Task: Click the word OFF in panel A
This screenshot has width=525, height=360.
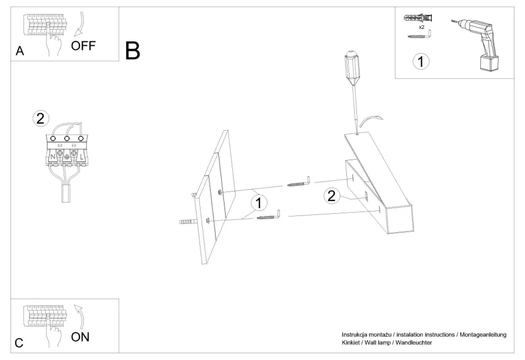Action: [x=83, y=45]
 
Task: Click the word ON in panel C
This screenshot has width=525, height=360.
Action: [x=80, y=337]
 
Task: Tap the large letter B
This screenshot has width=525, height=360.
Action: [x=132, y=51]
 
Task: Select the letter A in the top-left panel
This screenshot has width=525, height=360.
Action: [x=20, y=52]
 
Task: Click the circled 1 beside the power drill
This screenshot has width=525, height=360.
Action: [x=421, y=61]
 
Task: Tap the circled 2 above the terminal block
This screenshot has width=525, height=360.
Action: [x=41, y=118]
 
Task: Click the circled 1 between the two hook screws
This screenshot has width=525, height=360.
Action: [x=259, y=203]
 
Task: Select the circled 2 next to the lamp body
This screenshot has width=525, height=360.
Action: [x=332, y=195]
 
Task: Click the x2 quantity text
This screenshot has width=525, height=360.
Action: [x=422, y=26]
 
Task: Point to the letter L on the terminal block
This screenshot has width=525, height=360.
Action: [x=81, y=157]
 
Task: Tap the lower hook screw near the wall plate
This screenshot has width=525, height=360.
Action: [x=269, y=215]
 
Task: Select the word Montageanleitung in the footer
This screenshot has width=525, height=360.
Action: [x=481, y=334]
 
